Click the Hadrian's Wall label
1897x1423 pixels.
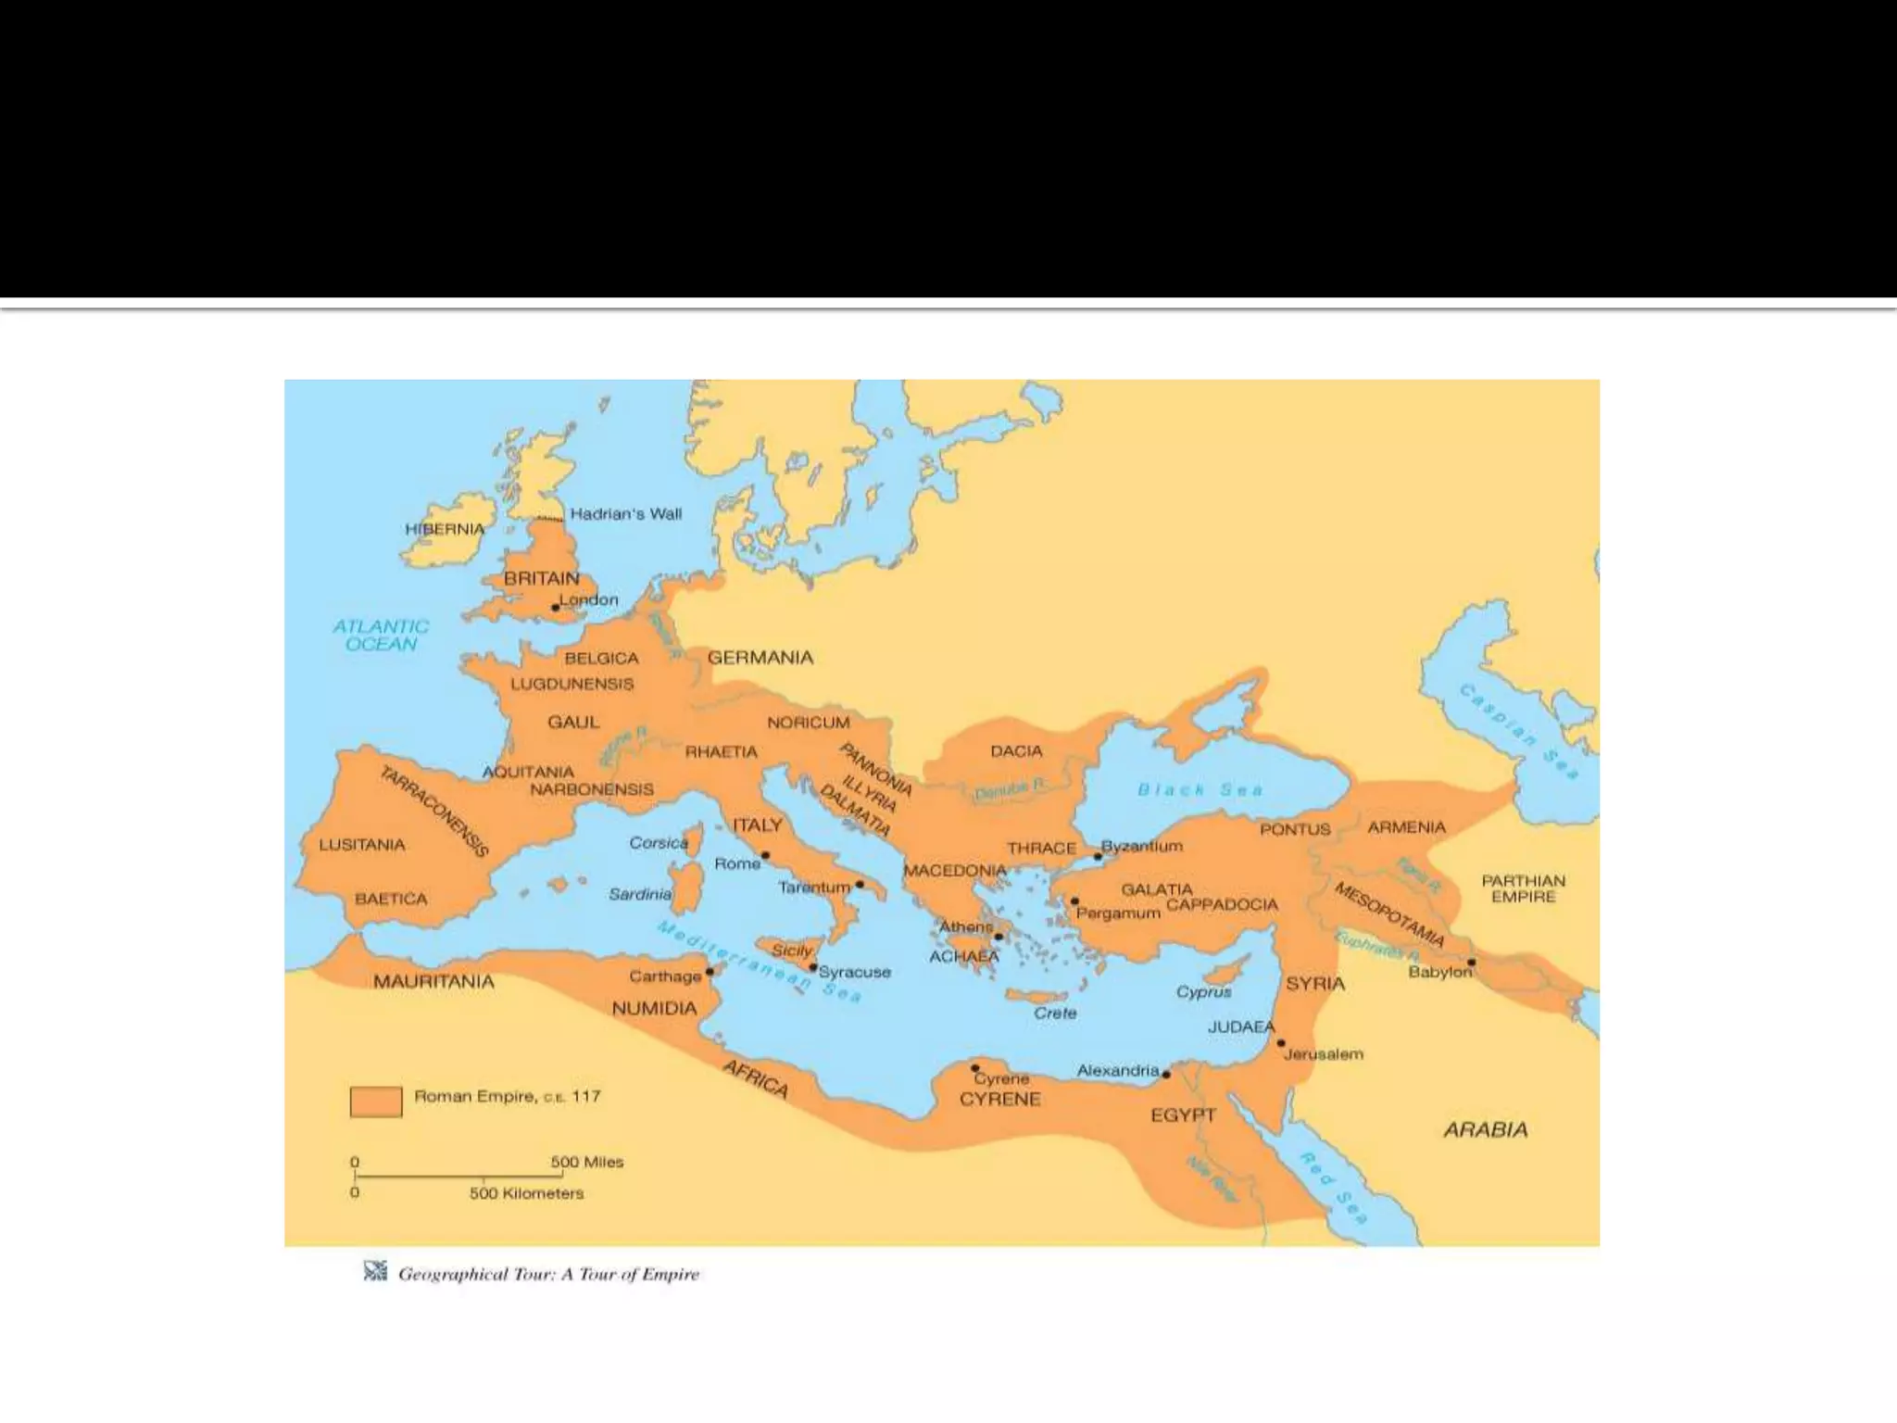(625, 514)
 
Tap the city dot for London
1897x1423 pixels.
(555, 608)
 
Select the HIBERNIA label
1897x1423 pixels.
(445, 529)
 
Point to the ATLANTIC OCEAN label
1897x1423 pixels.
(381, 635)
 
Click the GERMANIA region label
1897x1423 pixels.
(760, 658)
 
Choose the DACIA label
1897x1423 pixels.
(1016, 751)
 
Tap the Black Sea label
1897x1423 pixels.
(1200, 790)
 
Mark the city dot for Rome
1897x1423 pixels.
(765, 855)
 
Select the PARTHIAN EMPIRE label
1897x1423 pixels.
(1523, 888)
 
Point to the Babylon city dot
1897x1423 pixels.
(1472, 963)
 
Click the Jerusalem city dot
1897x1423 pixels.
(1281, 1043)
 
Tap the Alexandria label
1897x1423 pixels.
(1117, 1071)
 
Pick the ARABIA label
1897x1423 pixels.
(1485, 1130)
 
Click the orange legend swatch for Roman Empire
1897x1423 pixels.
(376, 1102)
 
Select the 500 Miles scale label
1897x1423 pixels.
(586, 1163)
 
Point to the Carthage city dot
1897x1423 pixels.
(710, 972)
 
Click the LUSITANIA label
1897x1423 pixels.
(362, 845)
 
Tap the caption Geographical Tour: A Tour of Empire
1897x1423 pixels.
(548, 1275)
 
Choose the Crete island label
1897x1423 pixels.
(1055, 1014)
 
